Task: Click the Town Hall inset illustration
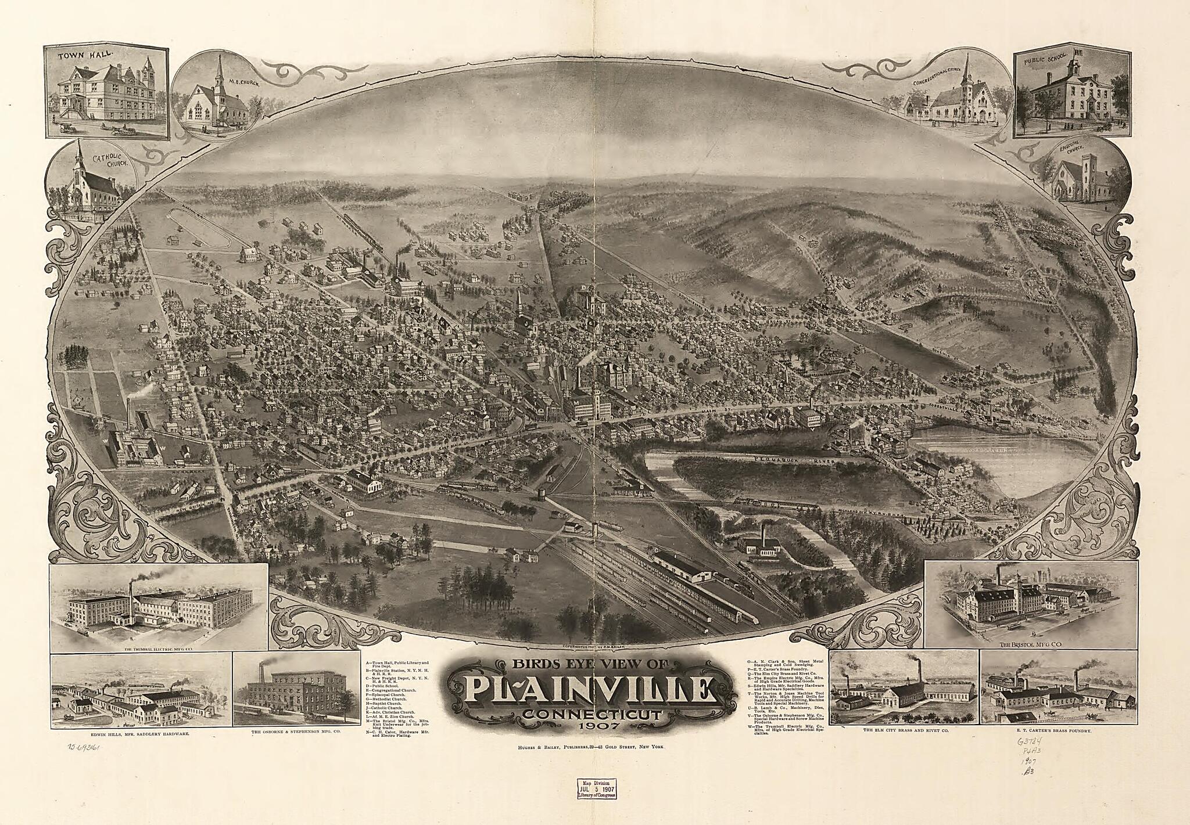click(106, 92)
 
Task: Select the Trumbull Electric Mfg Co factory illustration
click(158, 607)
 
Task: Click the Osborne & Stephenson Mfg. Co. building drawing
click(295, 692)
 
